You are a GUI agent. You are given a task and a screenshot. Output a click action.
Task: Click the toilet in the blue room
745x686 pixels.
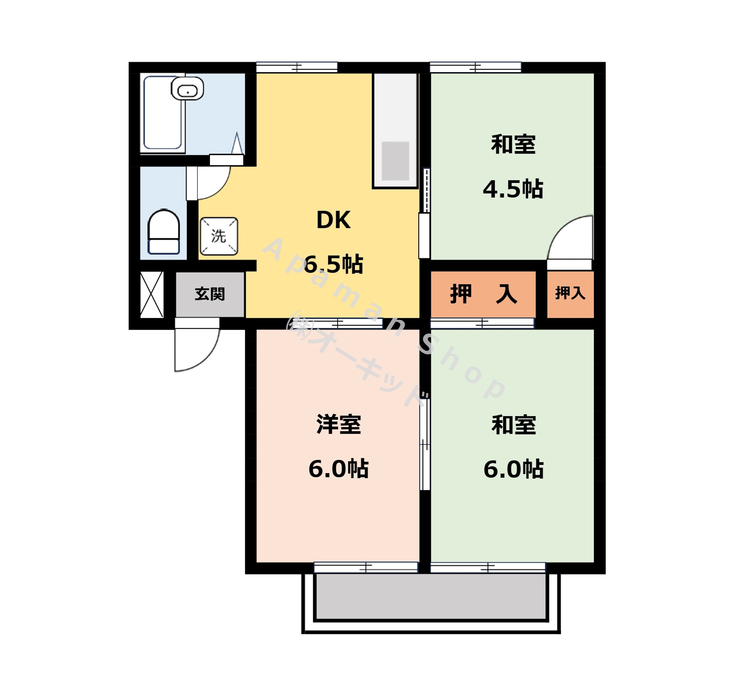(164, 232)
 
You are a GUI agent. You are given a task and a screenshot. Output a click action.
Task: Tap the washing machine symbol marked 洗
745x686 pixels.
(219, 236)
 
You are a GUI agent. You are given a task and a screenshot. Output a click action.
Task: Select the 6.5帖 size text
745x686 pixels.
(333, 264)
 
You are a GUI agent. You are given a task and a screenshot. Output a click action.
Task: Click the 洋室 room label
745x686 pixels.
(338, 424)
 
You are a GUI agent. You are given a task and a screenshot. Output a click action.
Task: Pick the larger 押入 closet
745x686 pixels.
(483, 294)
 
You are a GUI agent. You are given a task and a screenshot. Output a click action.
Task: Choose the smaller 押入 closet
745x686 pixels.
(570, 293)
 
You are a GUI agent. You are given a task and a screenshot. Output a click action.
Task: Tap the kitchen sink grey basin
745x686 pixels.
(396, 161)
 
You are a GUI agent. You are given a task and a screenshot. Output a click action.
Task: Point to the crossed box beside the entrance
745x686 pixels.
(152, 295)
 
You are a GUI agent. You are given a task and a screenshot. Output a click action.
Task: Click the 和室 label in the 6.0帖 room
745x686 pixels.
(514, 425)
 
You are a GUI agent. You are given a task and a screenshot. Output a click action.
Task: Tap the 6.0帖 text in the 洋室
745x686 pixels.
(338, 469)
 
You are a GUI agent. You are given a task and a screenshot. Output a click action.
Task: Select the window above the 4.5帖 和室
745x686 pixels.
(475, 67)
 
